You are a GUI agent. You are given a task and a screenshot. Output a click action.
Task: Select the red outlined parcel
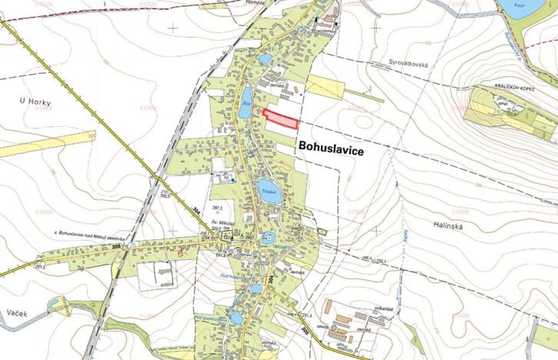tap(281, 118)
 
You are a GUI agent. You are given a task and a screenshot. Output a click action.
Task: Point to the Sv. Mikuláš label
tap(222, 222)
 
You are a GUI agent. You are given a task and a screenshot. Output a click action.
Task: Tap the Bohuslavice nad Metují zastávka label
tap(88, 232)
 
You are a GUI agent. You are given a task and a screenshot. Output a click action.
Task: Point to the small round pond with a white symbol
tap(268, 239)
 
